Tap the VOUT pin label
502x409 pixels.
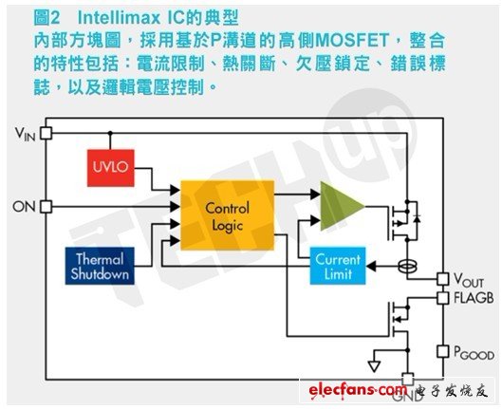(469, 281)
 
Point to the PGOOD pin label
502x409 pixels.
(472, 351)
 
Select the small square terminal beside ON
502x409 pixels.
(46, 206)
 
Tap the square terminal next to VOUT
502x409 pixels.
(441, 279)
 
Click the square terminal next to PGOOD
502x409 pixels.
(441, 351)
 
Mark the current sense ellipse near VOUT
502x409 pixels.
(409, 267)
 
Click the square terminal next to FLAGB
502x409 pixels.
(441, 298)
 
